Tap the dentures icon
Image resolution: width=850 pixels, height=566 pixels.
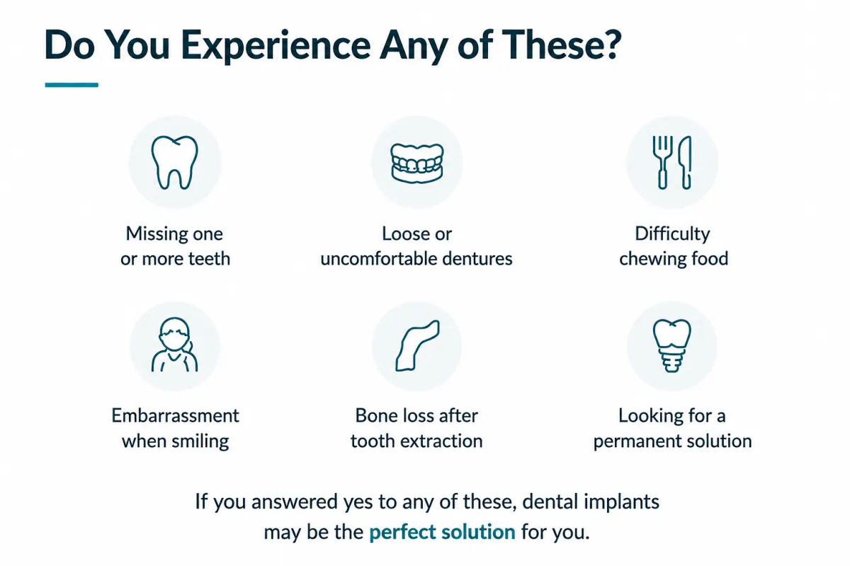[x=417, y=163]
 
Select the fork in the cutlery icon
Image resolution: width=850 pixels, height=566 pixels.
[x=662, y=162]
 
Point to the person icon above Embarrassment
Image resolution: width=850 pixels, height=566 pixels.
[x=174, y=345]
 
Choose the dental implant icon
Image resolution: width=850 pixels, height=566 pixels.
[x=671, y=346]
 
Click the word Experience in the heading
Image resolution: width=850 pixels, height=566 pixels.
[x=276, y=46]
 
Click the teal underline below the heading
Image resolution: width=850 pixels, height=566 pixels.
[x=72, y=85]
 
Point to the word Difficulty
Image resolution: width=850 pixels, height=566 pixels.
[x=672, y=234]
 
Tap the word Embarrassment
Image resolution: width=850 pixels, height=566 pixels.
[x=176, y=415]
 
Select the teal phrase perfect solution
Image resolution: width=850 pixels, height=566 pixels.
[x=442, y=532]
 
